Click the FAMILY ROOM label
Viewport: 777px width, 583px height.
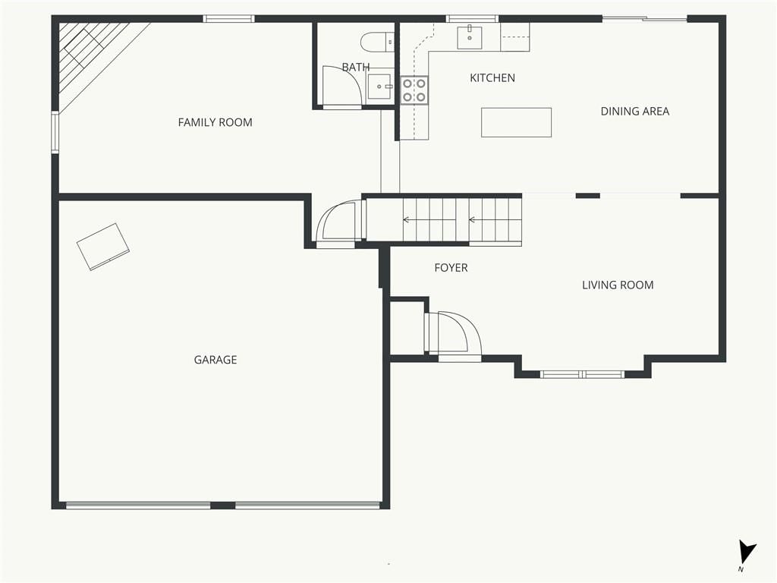(x=215, y=122)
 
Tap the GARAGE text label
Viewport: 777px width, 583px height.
(x=215, y=360)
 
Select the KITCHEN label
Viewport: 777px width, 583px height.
(x=492, y=78)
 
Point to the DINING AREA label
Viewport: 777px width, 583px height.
(x=635, y=112)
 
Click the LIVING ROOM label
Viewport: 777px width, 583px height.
(x=618, y=285)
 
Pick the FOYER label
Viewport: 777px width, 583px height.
(x=451, y=268)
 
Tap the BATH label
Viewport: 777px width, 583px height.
(x=356, y=67)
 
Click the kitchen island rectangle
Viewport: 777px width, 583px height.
(x=516, y=122)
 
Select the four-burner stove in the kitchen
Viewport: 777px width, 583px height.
(x=414, y=90)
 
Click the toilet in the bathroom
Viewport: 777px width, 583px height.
(x=377, y=43)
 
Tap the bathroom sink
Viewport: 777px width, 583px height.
(x=380, y=87)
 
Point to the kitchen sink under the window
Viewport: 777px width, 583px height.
(x=469, y=38)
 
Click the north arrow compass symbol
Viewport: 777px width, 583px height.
(x=747, y=553)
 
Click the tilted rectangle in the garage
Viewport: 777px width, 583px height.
(x=103, y=247)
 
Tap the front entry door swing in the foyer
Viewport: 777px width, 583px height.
(x=454, y=332)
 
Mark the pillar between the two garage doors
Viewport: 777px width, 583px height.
(x=223, y=506)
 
